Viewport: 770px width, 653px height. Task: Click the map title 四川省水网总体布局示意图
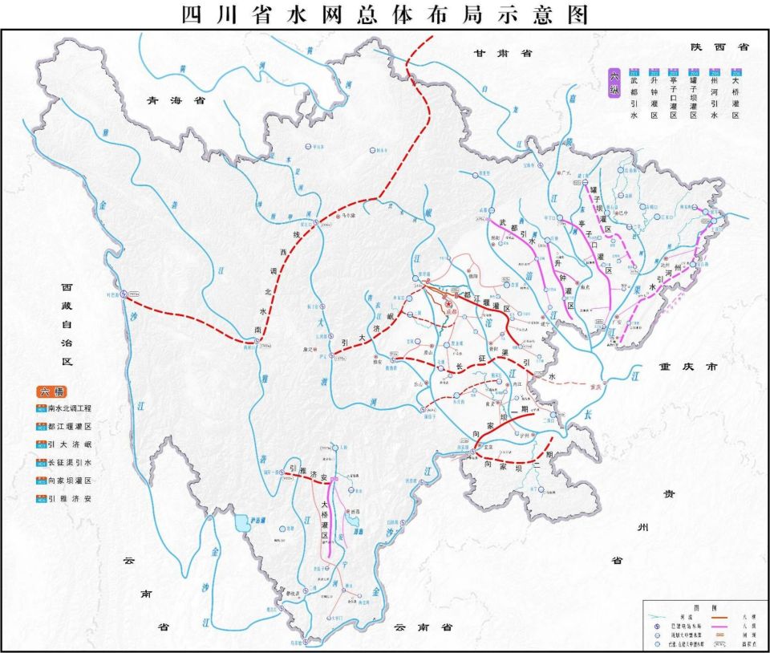click(x=385, y=14)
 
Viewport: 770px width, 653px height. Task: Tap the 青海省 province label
click(x=170, y=101)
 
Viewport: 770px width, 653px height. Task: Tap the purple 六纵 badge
click(x=615, y=83)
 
